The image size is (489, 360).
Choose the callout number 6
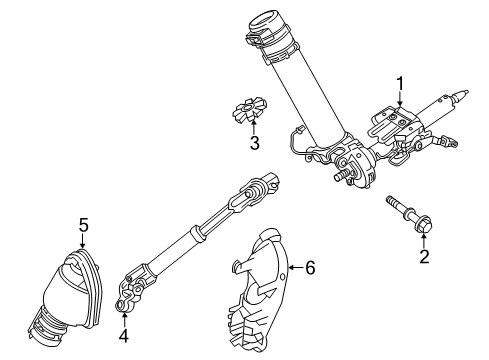click(x=311, y=268)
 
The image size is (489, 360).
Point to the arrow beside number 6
click(x=295, y=268)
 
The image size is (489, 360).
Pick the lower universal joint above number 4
click(x=136, y=292)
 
